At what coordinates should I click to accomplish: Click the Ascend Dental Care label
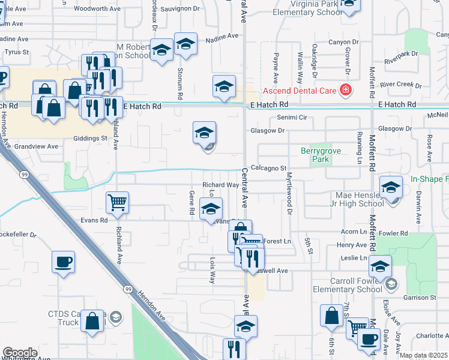point(298,92)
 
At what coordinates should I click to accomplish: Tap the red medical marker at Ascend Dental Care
point(346,91)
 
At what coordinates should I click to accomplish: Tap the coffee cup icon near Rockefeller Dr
point(63,262)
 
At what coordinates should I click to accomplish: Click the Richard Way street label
point(220,185)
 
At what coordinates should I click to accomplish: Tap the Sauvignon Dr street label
point(179,8)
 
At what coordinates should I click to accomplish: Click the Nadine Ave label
point(222,37)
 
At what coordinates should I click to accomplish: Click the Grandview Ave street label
point(36,146)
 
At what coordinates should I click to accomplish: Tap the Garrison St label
point(420,298)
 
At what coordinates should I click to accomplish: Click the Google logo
point(20,353)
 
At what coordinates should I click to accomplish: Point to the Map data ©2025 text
point(423,355)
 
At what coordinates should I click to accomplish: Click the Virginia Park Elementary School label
point(307,8)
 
